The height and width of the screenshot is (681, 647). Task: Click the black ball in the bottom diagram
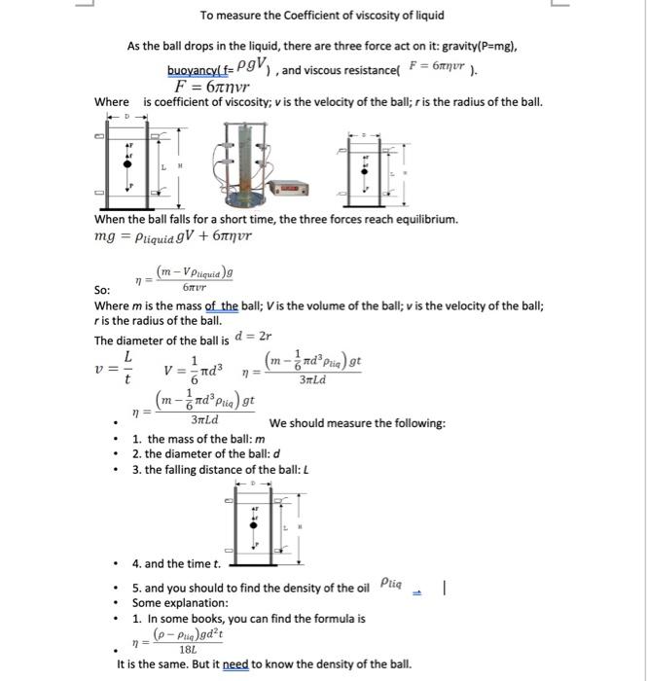255,525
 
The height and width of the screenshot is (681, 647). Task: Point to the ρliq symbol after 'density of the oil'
389,584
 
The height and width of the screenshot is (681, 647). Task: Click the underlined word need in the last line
235,665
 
